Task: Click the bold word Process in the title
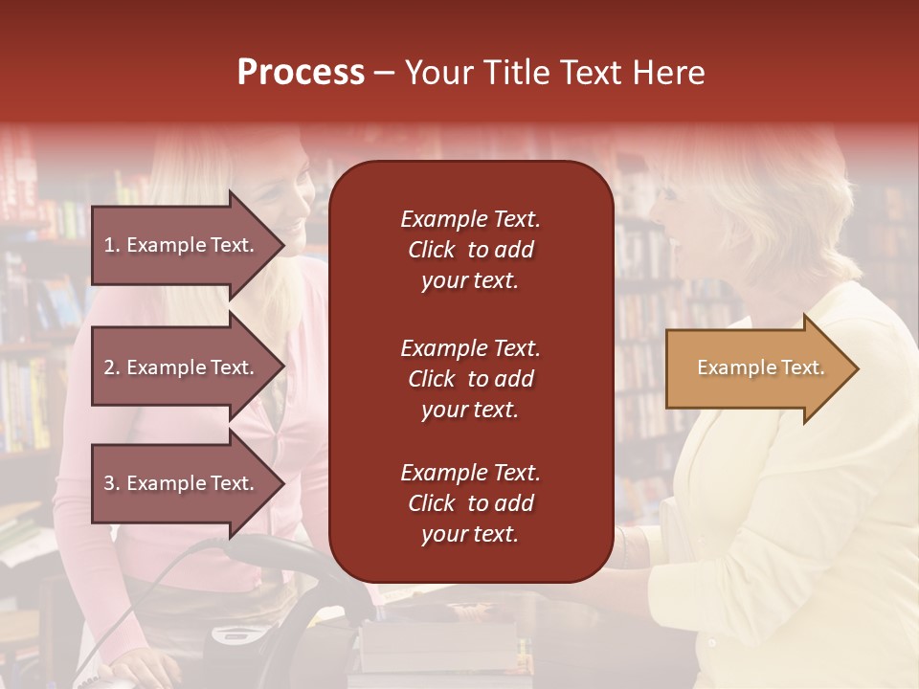(301, 73)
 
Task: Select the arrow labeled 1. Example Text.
(182, 245)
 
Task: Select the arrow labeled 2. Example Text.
(182, 367)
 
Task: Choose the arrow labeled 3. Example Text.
(182, 483)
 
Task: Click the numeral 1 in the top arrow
(108, 245)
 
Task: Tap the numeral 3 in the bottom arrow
(108, 483)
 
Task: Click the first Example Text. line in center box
(470, 219)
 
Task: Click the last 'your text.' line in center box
(470, 535)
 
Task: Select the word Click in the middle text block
(431, 379)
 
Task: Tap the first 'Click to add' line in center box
(470, 250)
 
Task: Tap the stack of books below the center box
(440, 646)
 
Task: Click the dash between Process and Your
(385, 74)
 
